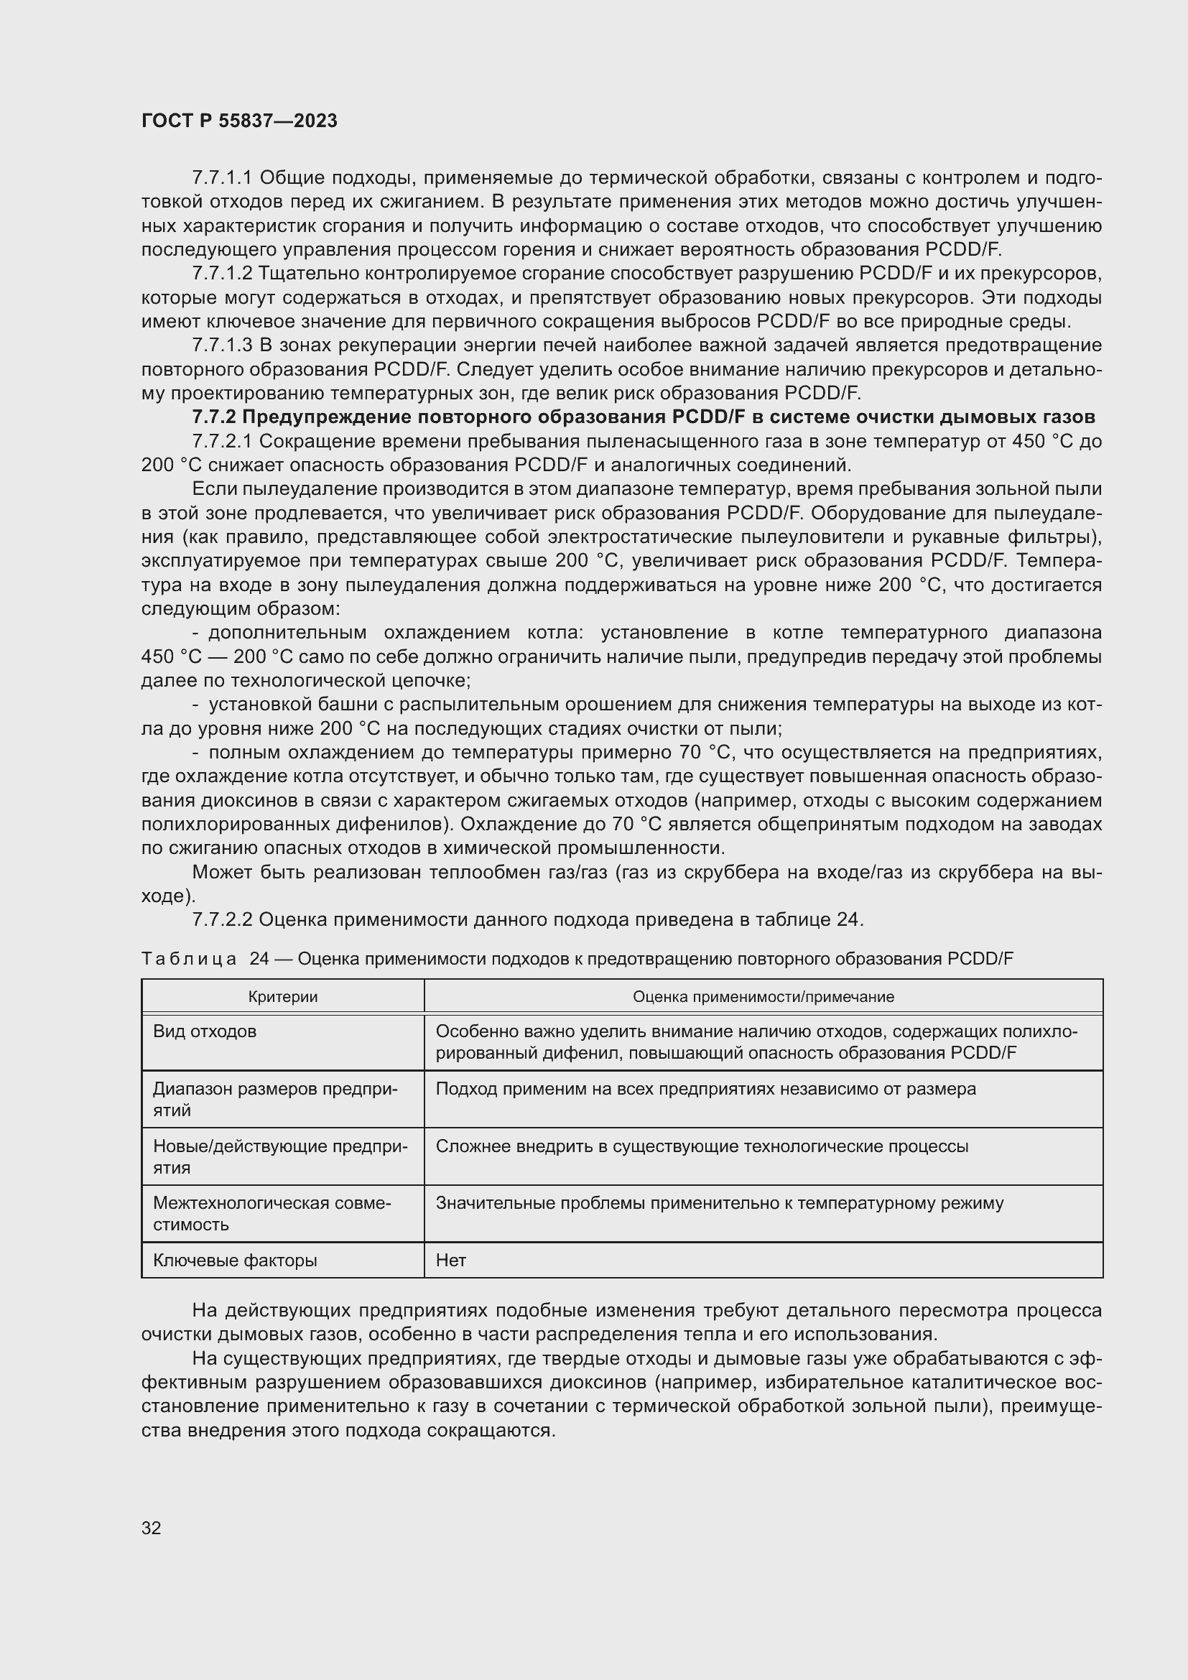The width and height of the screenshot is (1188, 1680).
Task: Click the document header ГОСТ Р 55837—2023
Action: (239, 121)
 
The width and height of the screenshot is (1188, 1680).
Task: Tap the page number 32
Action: (152, 1528)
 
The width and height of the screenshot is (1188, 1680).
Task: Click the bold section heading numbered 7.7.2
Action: (643, 417)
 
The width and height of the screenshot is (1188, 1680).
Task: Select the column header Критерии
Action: (282, 997)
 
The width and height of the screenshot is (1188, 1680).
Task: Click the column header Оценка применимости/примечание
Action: (762, 997)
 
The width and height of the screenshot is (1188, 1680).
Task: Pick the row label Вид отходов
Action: (205, 1031)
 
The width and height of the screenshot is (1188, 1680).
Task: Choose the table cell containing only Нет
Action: (450, 1260)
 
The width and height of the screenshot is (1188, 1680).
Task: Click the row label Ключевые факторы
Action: (235, 1260)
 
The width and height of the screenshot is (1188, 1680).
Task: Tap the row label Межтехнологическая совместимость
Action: (272, 1213)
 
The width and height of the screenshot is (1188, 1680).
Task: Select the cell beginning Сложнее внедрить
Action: (702, 1146)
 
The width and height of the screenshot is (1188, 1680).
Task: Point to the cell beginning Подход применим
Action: (705, 1089)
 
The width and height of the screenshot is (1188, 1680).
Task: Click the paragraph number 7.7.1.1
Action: (222, 178)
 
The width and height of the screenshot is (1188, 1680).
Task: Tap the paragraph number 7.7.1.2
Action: (222, 274)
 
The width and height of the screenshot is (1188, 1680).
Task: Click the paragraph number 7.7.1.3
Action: (222, 345)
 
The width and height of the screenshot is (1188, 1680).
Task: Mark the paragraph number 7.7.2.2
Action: (222, 920)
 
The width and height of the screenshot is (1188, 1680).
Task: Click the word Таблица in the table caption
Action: (188, 959)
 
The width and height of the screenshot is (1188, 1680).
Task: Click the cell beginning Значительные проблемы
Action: (719, 1203)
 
